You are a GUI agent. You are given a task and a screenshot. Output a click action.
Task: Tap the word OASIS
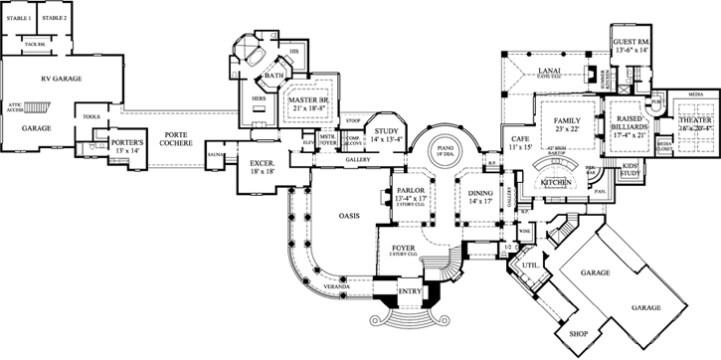click(347, 214)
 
